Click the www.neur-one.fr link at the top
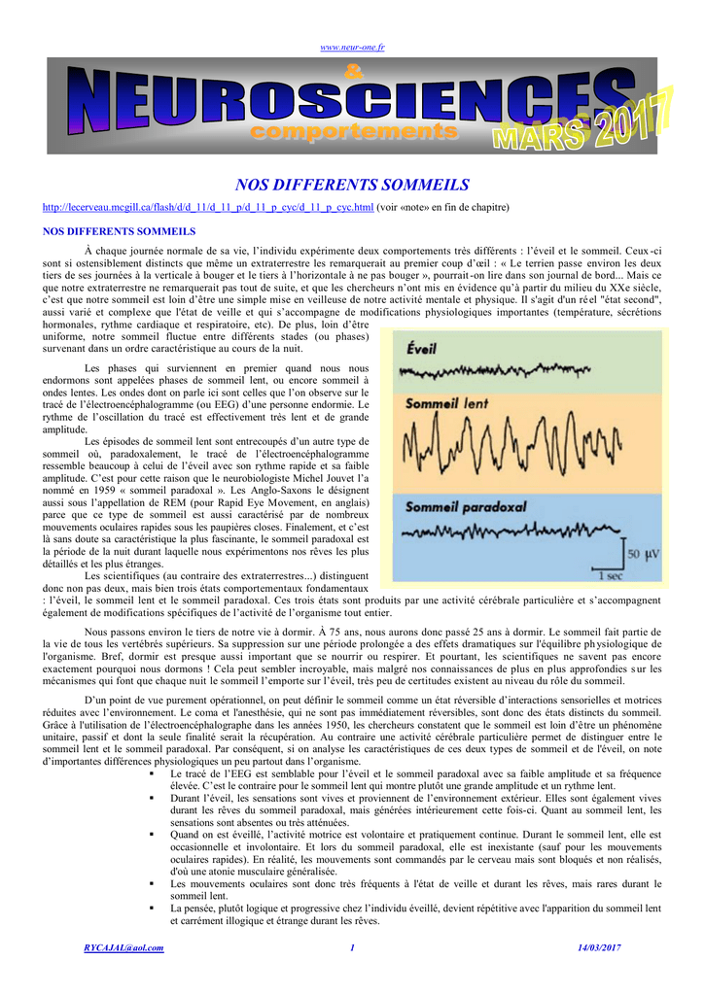click(352, 47)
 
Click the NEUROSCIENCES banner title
click(331, 101)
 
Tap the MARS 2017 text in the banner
click(583, 124)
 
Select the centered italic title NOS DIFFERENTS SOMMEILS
click(353, 185)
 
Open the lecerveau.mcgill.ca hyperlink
click(209, 208)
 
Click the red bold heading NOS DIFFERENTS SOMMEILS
click(120, 231)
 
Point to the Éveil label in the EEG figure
click(421, 347)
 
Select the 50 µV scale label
click(643, 554)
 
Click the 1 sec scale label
click(610, 575)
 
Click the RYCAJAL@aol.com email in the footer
click(123, 947)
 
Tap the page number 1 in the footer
click(352, 947)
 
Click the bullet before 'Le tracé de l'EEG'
click(152, 773)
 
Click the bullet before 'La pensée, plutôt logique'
click(152, 908)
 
